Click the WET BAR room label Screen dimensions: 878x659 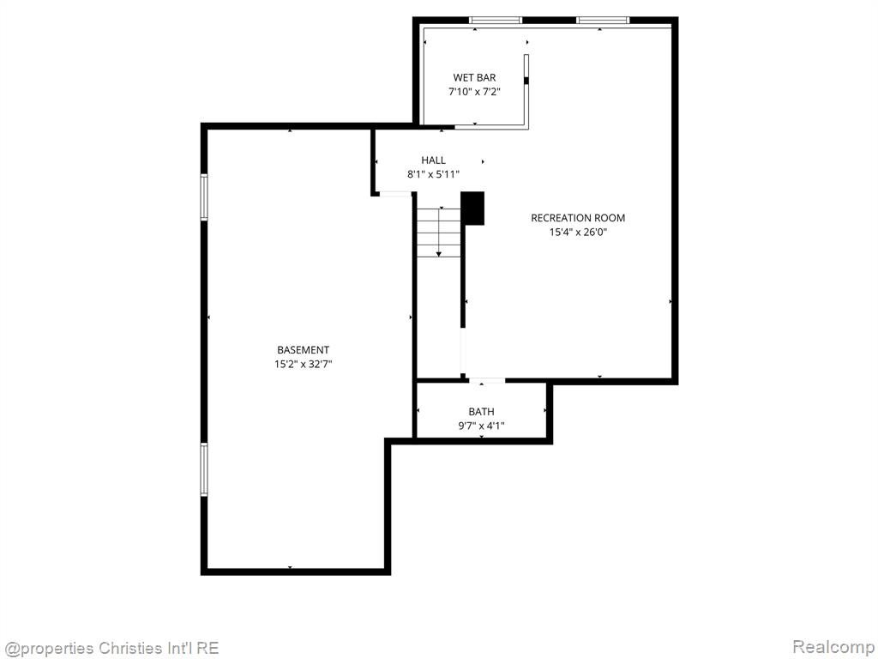[x=474, y=77]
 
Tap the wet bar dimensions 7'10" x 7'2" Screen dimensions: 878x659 [x=474, y=91]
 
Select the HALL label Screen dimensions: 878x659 [x=433, y=160]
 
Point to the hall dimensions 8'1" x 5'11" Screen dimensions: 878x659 [x=433, y=174]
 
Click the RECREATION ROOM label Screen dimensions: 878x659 [x=578, y=217]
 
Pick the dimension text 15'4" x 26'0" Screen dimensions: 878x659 [x=578, y=232]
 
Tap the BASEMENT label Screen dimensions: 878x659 [x=303, y=350]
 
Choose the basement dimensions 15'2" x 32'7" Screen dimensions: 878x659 [x=303, y=364]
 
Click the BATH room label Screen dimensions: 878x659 [x=482, y=411]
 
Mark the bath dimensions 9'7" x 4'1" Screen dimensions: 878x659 [x=482, y=426]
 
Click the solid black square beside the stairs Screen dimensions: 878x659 [x=472, y=209]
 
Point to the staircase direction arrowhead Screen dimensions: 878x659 [x=439, y=254]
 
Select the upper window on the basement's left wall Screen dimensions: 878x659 [x=204, y=196]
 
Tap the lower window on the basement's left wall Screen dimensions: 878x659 [x=204, y=469]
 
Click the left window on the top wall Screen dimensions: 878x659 [x=496, y=21]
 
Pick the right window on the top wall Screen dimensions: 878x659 [x=603, y=21]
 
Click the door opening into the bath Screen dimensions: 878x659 [x=487, y=381]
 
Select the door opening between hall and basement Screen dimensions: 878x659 [x=396, y=194]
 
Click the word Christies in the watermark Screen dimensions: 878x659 [x=129, y=648]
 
